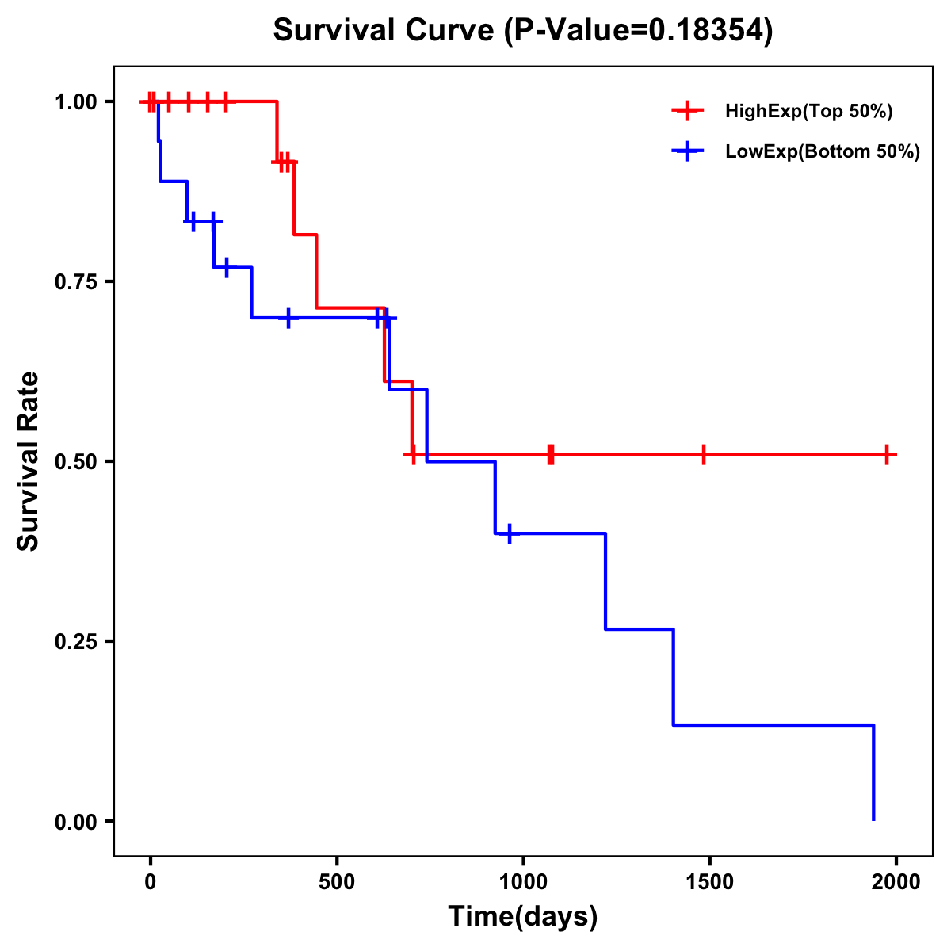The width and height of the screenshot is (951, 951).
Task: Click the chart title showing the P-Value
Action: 523,31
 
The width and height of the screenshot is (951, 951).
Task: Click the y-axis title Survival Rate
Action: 29,460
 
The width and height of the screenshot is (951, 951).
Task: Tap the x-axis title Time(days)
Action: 523,916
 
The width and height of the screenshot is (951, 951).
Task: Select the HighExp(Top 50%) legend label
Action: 809,112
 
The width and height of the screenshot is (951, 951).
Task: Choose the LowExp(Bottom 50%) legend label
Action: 823,152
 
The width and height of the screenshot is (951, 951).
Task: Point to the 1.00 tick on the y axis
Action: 76,102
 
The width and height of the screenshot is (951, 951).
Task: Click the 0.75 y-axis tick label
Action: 76,282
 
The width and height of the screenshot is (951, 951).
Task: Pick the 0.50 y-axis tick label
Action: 76,461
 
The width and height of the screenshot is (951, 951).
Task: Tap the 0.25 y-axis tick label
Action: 76,641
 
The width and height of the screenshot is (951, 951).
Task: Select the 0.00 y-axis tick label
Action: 76,822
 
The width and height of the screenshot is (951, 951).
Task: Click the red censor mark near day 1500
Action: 703,455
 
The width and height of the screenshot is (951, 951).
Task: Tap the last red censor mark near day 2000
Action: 888,455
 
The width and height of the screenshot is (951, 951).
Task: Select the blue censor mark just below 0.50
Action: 509,533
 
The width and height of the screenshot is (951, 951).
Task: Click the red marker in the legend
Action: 687,112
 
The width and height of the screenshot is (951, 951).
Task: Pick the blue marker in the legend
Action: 687,152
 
